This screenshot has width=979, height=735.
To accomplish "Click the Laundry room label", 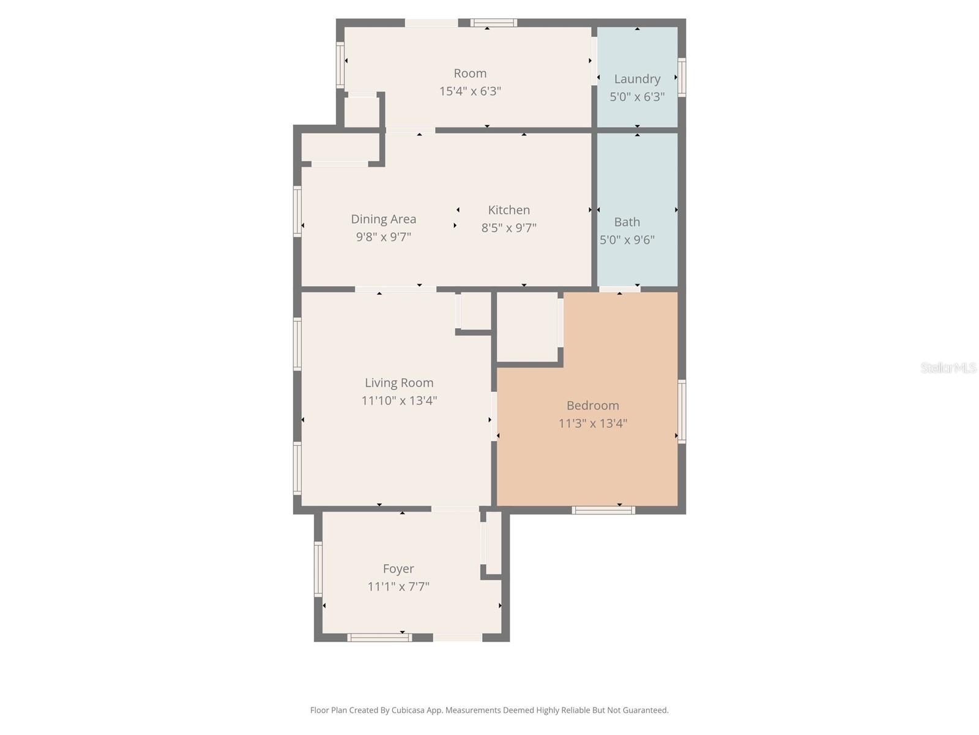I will pos(637,79).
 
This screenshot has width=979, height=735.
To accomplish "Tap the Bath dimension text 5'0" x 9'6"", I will pos(627,239).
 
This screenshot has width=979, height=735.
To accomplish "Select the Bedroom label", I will pos(592,405).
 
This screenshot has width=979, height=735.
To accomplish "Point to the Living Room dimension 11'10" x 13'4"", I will pos(399,401).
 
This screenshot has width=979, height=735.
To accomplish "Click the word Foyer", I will pos(398,569).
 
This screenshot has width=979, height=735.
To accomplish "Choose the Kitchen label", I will pos(508,210).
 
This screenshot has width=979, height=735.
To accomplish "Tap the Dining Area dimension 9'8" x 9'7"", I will pos(383,236).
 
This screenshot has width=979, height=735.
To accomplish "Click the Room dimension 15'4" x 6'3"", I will pos(470,91).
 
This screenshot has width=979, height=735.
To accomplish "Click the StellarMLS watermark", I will pos(948,367).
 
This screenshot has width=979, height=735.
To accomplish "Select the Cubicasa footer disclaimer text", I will pos(489,710).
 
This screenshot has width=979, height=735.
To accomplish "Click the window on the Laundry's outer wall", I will pos(682,77).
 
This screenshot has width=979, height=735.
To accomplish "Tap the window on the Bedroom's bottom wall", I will pos(603,510).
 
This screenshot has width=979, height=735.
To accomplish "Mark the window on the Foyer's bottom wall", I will pos(379,638).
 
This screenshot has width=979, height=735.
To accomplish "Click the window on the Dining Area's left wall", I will pos(297,211).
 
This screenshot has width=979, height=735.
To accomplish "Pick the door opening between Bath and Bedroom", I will pos(619,289).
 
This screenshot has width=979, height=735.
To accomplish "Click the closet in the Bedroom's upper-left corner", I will pos(527,328).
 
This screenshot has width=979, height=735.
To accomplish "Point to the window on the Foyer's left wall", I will pos(318,569).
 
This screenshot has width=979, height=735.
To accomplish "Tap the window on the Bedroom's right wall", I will pos(682,411).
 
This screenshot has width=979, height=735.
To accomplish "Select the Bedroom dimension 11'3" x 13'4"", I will pos(592,423).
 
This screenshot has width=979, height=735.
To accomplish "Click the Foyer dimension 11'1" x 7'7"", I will pos(398,587).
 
